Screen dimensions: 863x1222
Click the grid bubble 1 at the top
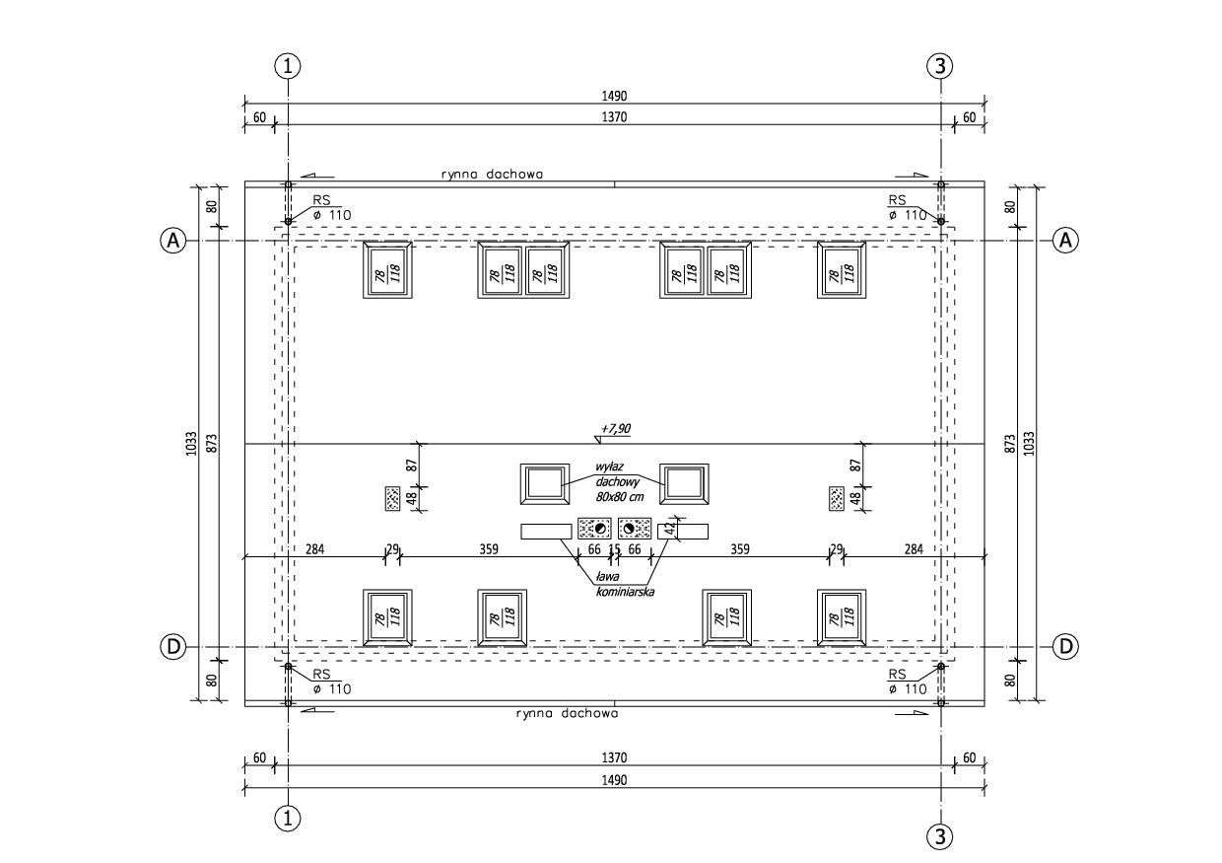click(287, 66)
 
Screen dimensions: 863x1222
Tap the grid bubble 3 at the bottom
click(940, 837)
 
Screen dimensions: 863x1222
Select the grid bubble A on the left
click(173, 240)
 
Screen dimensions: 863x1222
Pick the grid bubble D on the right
click(1065, 647)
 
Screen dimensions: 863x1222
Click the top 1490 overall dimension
click(615, 96)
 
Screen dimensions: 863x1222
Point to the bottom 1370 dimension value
click(615, 757)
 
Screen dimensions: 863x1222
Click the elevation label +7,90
click(615, 429)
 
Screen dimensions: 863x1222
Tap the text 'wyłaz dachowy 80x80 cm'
click(619, 481)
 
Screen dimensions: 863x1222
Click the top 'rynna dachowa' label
click(492, 174)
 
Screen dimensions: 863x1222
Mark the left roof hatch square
click(545, 483)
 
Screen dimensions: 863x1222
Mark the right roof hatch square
click(685, 483)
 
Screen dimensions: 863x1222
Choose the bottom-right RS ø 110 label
click(906, 682)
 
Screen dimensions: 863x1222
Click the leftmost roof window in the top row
click(388, 269)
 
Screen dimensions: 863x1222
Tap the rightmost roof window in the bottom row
click(842, 618)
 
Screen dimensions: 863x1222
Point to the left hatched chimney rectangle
click(391, 498)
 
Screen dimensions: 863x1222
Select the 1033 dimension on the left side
click(191, 443)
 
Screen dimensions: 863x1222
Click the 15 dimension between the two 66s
click(615, 549)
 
